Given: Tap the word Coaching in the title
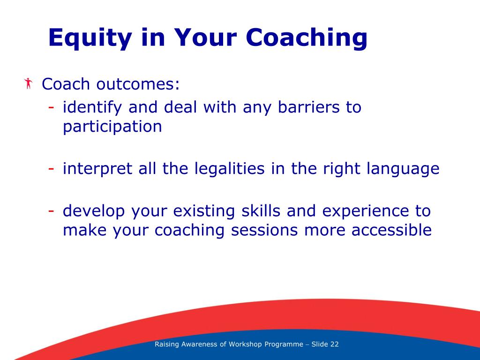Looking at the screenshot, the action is point(307,38).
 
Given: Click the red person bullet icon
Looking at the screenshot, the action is point(28,83).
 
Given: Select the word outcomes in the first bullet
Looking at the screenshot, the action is point(138,84).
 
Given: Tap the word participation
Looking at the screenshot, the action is point(112,127).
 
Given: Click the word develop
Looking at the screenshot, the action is point(94,211).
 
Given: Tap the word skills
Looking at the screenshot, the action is point(261,211).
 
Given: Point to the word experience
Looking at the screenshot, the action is point(366,211).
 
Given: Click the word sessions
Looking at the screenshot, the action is point(264,231).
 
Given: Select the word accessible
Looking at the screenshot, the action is point(391,230).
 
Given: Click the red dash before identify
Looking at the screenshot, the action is point(51,107).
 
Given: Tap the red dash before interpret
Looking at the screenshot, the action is point(51,169).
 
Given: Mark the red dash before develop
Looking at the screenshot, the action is point(51,211).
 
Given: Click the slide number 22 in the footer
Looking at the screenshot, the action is point(334,344).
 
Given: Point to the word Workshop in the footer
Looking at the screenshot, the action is point(245,344).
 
